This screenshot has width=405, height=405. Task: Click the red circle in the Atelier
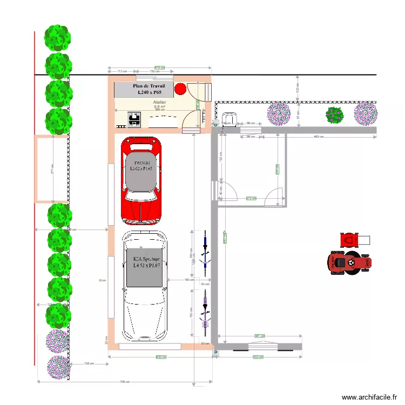180,89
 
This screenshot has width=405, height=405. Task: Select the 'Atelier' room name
160,102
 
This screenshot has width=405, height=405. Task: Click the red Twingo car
141,181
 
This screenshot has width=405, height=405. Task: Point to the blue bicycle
205,249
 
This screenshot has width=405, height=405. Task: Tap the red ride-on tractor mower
349,262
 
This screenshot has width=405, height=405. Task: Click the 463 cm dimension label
320,137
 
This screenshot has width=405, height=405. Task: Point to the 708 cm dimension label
124,382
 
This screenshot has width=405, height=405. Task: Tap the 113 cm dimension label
123,71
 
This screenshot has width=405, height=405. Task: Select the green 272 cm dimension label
251,199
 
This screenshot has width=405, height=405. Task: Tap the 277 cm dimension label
53,169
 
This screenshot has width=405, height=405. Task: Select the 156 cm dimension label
88,363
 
